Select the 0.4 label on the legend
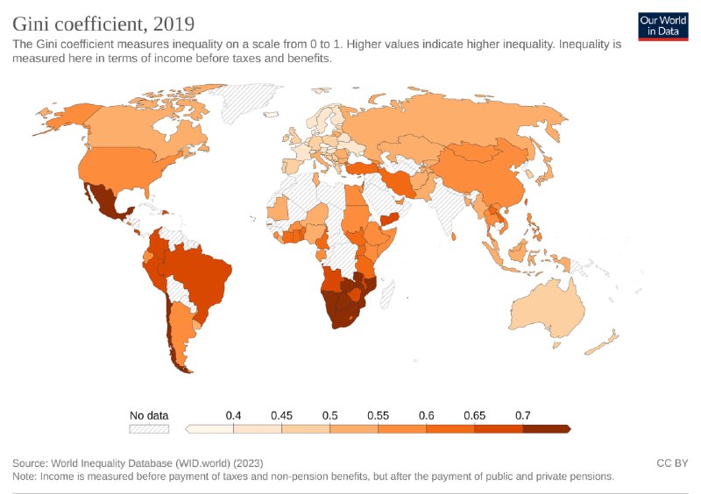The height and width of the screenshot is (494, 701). [233, 414]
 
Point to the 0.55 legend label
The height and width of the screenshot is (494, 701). [379, 414]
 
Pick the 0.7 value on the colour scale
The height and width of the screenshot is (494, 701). [523, 414]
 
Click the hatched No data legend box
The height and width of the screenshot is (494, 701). [149, 429]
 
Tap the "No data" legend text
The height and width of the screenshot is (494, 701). [149, 415]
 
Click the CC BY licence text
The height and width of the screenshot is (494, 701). [672, 462]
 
